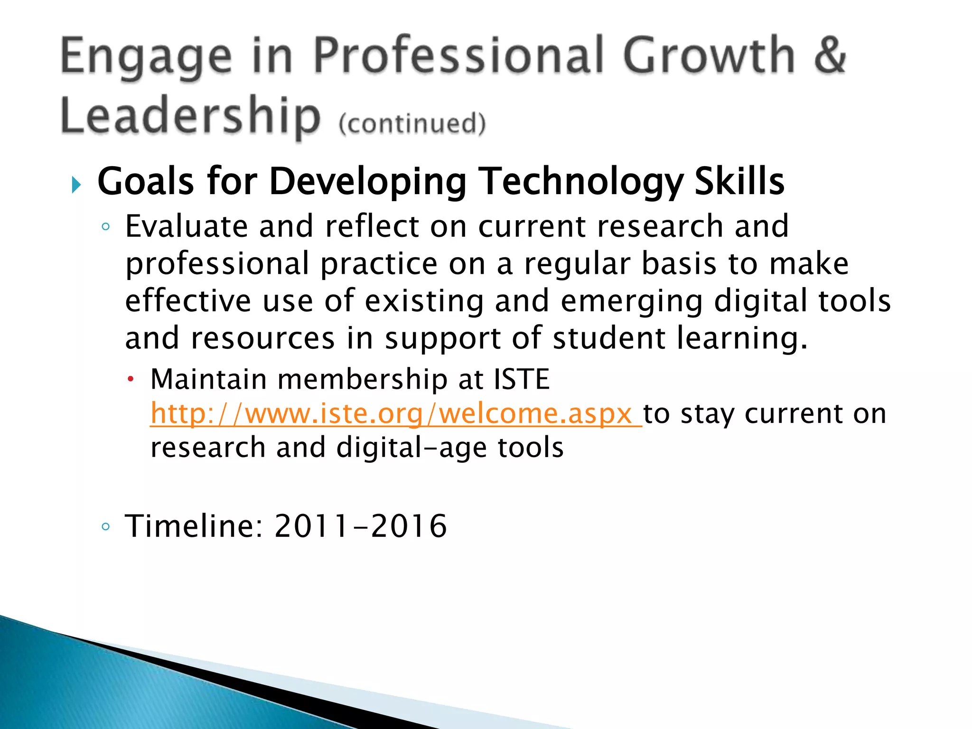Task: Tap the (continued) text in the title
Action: [412, 123]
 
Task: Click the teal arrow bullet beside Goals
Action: [76, 184]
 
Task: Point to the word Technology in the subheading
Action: [581, 182]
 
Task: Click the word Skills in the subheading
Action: [739, 181]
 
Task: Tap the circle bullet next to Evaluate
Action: [105, 227]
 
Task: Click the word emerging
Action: [632, 302]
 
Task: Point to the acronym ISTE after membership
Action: [521, 379]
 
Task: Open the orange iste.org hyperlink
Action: [395, 414]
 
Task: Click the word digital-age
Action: [411, 448]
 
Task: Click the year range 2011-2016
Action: [361, 526]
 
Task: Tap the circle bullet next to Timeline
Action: [105, 526]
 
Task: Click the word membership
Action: [363, 379]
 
